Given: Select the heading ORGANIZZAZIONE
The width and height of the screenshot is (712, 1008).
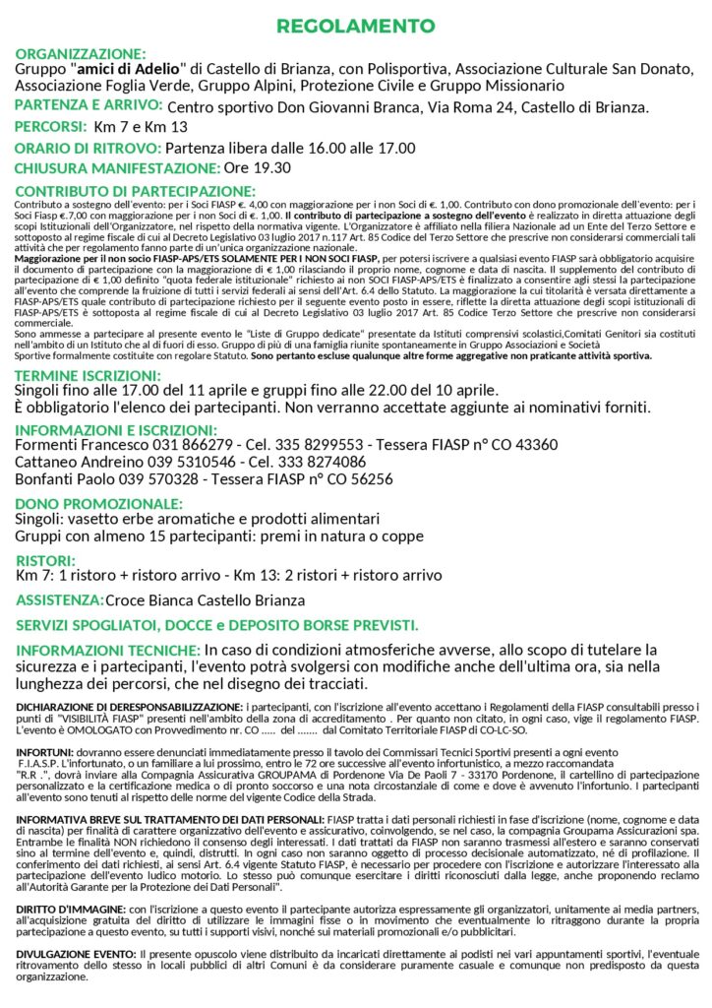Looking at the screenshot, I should click(x=81, y=53).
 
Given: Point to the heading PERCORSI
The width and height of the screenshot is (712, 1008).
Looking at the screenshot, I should click(x=50, y=127).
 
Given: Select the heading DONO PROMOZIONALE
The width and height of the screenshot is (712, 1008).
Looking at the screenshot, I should click(x=91, y=503).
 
